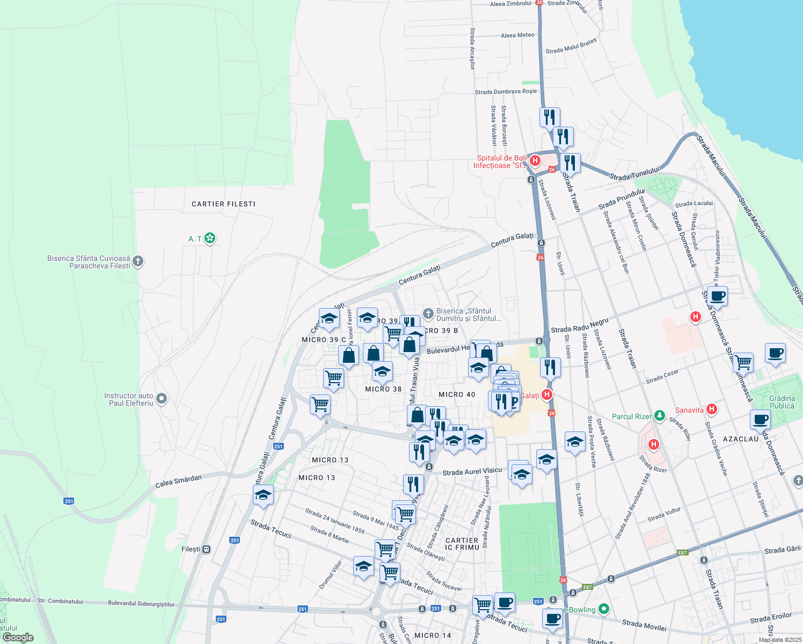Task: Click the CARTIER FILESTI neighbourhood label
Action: pyautogui.click(x=223, y=204)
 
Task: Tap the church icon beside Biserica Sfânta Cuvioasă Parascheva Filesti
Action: pyautogui.click(x=138, y=261)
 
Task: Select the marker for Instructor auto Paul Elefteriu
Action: pyautogui.click(x=162, y=399)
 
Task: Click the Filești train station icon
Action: pyautogui.click(x=206, y=549)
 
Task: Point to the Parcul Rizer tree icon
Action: pyautogui.click(x=659, y=416)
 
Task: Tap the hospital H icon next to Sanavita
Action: pyautogui.click(x=711, y=409)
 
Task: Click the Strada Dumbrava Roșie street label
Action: pyautogui.click(x=506, y=92)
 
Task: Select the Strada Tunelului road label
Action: pyautogui.click(x=634, y=174)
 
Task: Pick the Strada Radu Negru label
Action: pyautogui.click(x=580, y=325)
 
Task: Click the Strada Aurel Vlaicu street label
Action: pyautogui.click(x=472, y=472)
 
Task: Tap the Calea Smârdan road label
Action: pyautogui.click(x=178, y=481)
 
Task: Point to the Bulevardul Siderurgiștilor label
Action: pyautogui.click(x=141, y=604)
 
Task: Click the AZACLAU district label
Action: pyautogui.click(x=741, y=439)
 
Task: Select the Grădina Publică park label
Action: pyautogui.click(x=782, y=402)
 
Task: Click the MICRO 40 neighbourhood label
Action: pyautogui.click(x=457, y=394)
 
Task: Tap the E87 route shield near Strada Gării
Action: pyautogui.click(x=682, y=552)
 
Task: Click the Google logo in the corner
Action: pyautogui.click(x=18, y=637)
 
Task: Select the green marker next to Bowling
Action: pyautogui.click(x=604, y=609)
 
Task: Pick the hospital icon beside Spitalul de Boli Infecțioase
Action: pyautogui.click(x=534, y=160)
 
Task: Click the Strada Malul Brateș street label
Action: pyautogui.click(x=571, y=46)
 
